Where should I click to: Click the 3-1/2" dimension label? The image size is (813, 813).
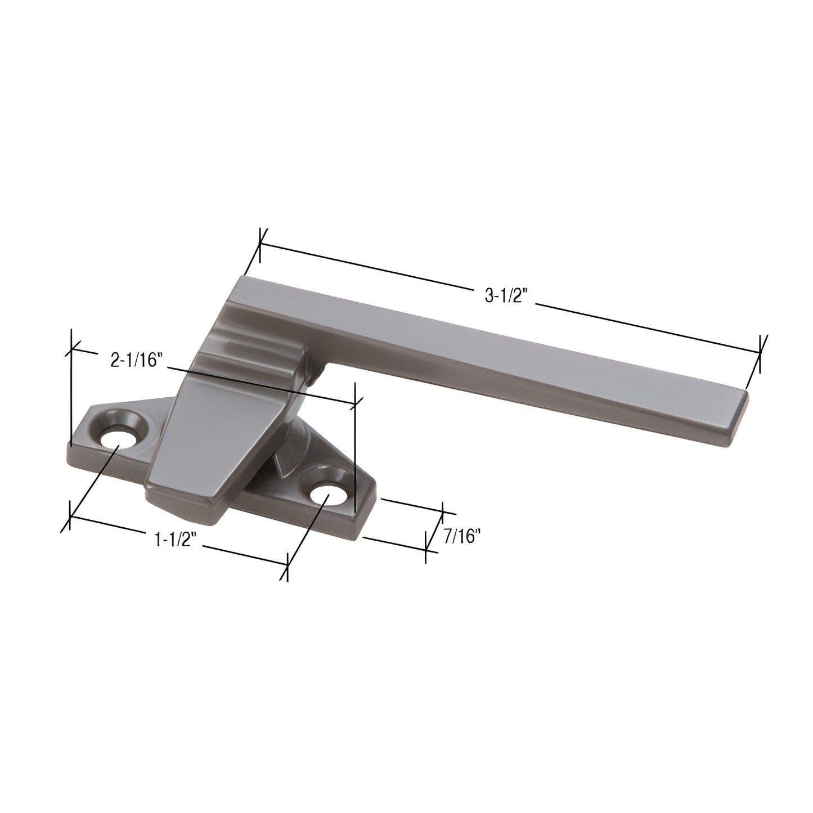click(504, 297)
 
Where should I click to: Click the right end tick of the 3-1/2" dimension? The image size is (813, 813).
click(760, 353)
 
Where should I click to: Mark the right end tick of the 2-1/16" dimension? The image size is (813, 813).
click(356, 402)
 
